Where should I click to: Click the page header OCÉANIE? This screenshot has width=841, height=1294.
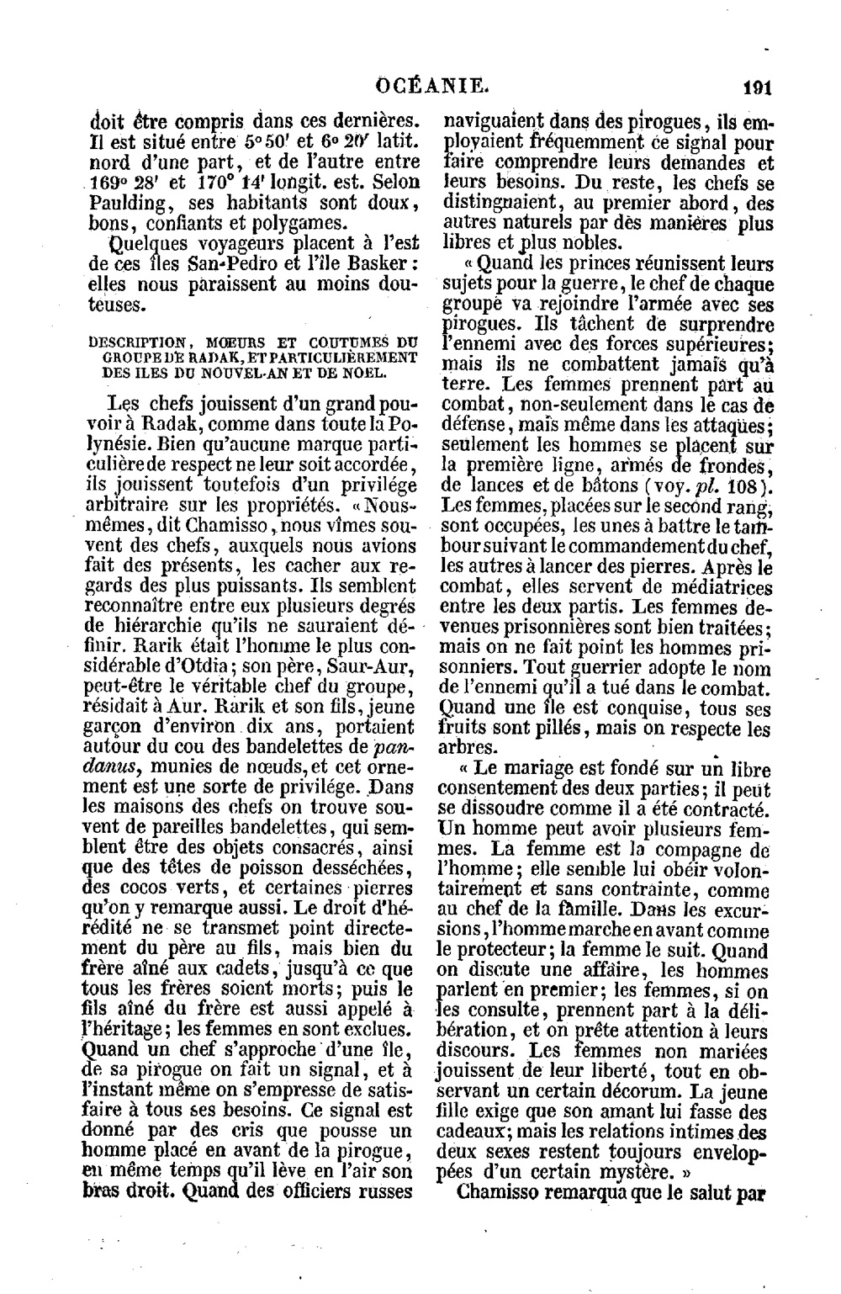click(431, 84)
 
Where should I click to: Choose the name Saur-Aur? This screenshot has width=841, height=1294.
click(356, 670)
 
